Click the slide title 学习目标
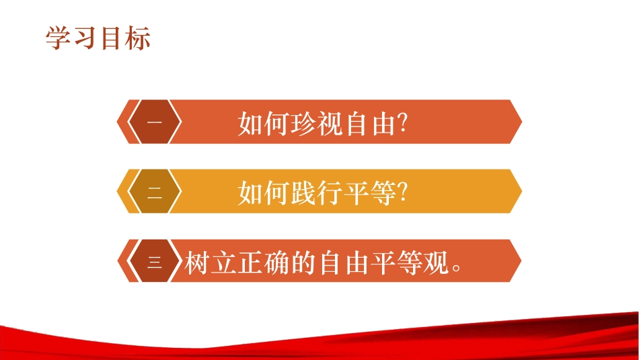click(98, 38)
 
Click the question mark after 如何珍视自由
click(404, 124)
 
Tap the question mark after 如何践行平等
click(404, 193)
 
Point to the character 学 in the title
click(59, 38)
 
